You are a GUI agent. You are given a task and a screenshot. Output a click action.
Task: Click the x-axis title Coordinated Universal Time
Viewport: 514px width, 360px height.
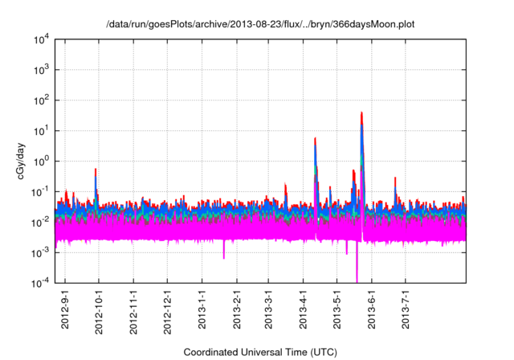coord(260,352)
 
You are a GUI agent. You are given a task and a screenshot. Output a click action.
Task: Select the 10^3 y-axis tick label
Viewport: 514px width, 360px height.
coord(41,70)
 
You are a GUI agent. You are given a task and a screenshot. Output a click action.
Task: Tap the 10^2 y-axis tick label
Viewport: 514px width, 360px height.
coord(41,100)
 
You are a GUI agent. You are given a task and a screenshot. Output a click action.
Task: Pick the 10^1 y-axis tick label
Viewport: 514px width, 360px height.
coord(41,130)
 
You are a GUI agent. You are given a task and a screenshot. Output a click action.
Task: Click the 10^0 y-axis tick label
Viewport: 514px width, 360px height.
coord(41,161)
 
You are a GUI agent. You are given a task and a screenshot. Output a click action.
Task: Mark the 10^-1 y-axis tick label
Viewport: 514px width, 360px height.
coord(41,191)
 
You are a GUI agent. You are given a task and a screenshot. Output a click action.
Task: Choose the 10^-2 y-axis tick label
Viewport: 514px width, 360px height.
coord(41,222)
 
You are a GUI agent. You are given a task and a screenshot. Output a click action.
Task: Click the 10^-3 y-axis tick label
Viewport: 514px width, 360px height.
coord(41,252)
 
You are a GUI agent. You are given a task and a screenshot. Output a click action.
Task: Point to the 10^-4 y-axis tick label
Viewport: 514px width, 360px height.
coord(41,282)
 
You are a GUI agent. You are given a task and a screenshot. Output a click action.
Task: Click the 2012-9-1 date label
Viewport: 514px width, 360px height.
coord(66,306)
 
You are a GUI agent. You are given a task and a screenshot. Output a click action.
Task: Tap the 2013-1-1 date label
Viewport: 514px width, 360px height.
coord(202,306)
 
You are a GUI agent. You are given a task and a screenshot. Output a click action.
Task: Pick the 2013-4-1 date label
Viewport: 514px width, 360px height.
coord(304,306)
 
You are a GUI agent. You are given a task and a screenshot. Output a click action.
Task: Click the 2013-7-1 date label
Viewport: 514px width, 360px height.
coord(406,306)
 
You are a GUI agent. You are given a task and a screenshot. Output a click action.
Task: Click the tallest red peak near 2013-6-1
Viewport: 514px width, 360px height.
coord(362,113)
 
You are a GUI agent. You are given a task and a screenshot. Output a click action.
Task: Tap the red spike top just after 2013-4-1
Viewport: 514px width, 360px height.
coord(315,138)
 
